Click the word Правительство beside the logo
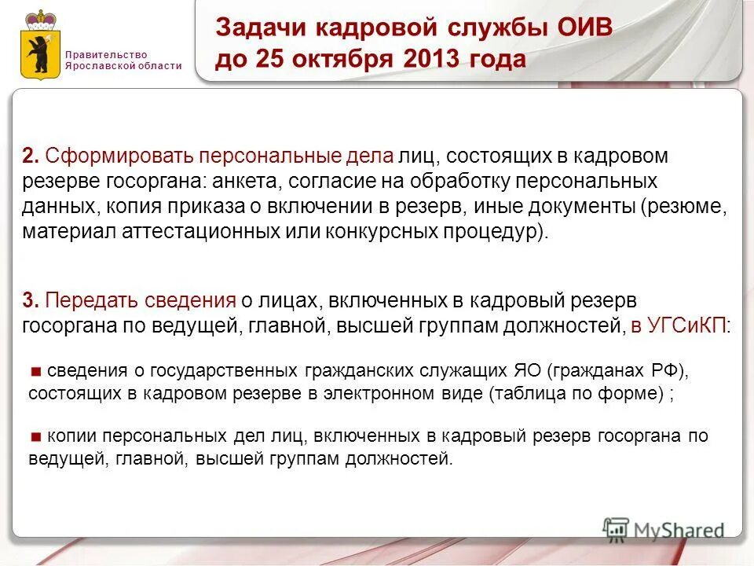(106, 54)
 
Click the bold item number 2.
(30, 156)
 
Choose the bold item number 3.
(30, 300)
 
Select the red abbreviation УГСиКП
(687, 326)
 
